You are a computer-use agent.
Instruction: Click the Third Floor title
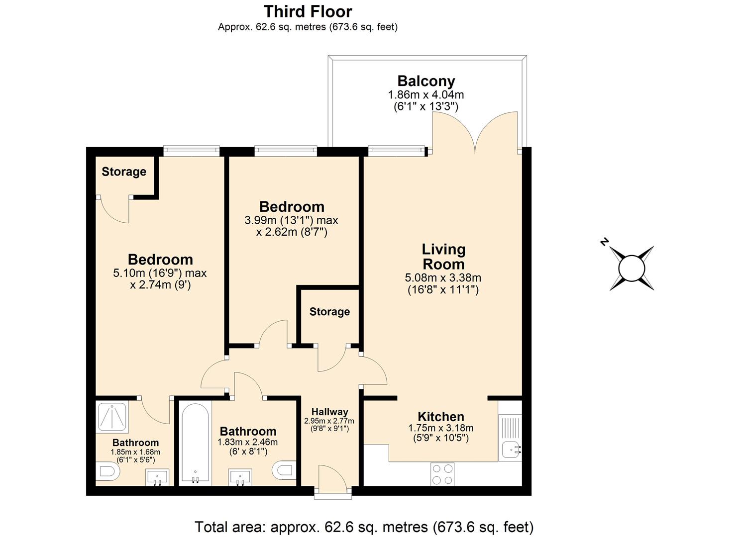tap(308, 11)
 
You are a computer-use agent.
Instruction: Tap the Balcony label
tap(426, 81)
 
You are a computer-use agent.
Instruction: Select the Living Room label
tap(443, 257)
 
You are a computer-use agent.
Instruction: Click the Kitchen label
tap(441, 417)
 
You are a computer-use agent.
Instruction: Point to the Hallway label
tap(329, 412)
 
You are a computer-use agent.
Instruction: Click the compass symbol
tap(632, 268)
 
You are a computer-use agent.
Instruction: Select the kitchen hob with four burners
tap(442, 474)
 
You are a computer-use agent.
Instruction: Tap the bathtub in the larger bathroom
tap(195, 443)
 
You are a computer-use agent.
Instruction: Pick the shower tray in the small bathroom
tap(113, 417)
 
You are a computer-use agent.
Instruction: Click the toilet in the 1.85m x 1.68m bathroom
tap(106, 471)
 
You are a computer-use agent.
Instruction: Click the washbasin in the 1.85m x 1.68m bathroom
tap(157, 477)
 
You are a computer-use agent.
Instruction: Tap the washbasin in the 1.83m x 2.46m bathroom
tap(241, 477)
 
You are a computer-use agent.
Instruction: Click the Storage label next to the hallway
tap(329, 312)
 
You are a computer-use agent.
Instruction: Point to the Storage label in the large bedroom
tap(124, 172)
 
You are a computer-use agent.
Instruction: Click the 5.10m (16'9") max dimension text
tap(160, 273)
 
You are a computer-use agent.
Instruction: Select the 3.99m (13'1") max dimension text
tap(291, 220)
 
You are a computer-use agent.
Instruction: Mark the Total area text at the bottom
tap(364, 527)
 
